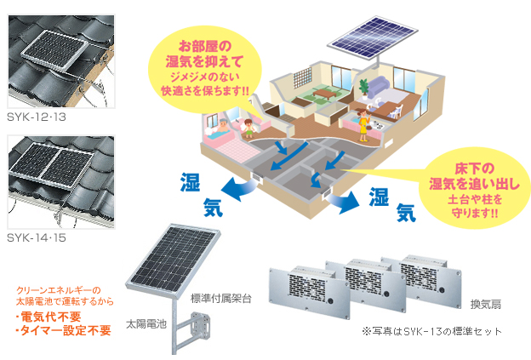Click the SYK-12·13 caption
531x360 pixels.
click(37, 117)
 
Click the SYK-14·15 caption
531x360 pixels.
click(37, 237)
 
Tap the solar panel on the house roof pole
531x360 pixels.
click(372, 37)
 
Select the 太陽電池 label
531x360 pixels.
click(146, 324)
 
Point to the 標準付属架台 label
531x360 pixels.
click(220, 299)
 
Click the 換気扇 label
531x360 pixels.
click(486, 304)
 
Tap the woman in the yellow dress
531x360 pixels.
click(363, 125)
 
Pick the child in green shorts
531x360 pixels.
click(248, 129)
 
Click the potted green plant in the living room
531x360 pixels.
click(364, 89)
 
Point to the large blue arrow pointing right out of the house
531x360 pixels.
click(344, 202)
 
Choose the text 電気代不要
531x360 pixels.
click(50, 317)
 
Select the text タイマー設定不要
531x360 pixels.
click(65, 330)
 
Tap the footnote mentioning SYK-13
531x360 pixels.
click(432, 331)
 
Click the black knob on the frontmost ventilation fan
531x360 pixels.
click(330, 300)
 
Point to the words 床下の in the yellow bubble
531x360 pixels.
click(474, 169)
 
